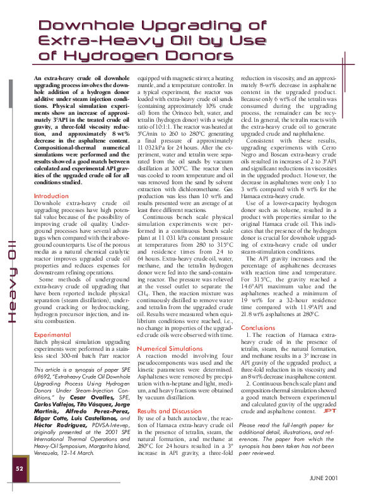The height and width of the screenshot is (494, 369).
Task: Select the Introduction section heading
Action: click(x=52, y=196)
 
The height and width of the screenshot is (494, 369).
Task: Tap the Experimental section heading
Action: click(x=52, y=334)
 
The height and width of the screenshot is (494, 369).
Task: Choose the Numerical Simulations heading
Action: click(x=170, y=348)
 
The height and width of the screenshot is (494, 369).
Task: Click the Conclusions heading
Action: click(x=258, y=328)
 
